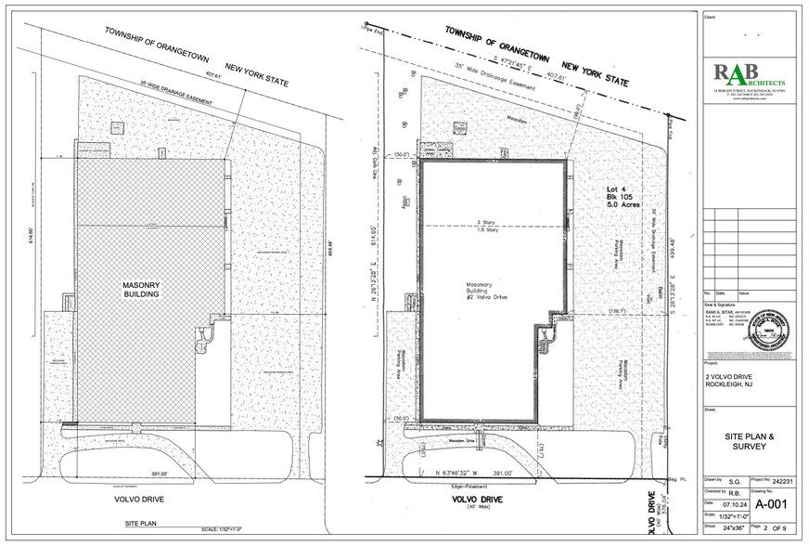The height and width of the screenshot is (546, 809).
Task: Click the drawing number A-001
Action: [773, 505]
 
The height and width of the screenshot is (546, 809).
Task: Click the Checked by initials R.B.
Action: [733, 482]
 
